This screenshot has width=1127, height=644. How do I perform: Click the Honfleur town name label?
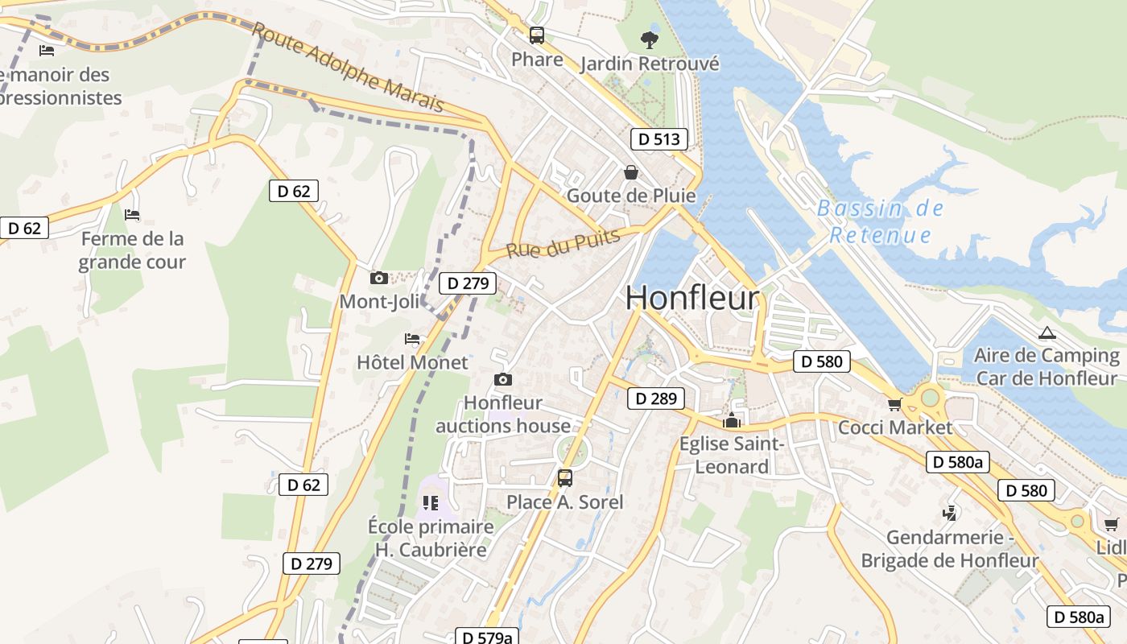691,298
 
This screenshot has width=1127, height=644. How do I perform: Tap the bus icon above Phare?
537,35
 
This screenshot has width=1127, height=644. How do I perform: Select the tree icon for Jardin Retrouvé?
649,39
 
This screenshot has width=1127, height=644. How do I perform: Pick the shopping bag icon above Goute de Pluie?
631,172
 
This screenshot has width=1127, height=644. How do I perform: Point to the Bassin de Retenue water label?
880,222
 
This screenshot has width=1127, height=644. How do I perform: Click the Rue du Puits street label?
563,243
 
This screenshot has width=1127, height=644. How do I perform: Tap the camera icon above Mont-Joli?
378,279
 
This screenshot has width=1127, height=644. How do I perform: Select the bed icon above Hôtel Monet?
412,339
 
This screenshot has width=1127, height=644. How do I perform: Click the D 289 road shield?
655,398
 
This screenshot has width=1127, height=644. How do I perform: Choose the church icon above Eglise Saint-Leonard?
731,420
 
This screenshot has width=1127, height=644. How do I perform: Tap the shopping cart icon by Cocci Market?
894,404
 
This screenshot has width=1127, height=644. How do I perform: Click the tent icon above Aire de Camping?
1046,332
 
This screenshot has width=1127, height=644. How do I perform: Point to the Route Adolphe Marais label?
348,68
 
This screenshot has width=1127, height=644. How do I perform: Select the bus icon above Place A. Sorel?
565,478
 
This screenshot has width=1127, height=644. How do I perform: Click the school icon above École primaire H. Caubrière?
431,503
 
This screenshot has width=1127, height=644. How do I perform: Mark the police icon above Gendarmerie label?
950,513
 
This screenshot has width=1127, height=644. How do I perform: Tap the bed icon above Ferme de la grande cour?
132,215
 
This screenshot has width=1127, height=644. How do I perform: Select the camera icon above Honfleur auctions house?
503,379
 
